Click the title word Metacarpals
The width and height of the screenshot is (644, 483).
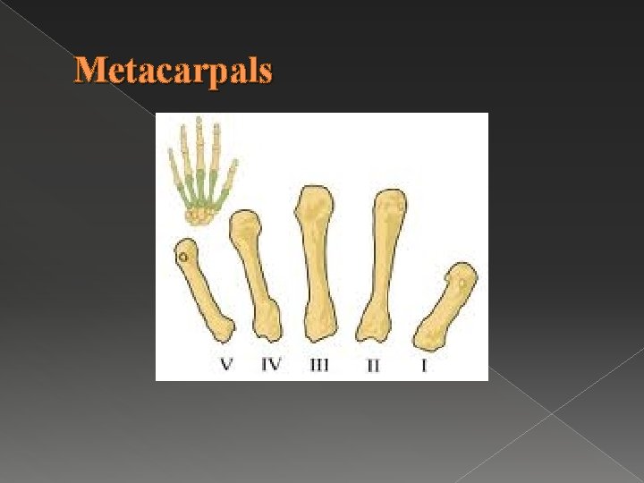point(173,70)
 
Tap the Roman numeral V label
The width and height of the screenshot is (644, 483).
point(227,364)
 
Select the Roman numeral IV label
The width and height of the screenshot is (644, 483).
point(270,364)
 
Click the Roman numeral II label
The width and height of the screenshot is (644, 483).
point(373,365)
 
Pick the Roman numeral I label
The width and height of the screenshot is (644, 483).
point(424,365)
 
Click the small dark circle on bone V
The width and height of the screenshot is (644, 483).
point(183,259)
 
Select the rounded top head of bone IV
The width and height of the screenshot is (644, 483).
point(245,224)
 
